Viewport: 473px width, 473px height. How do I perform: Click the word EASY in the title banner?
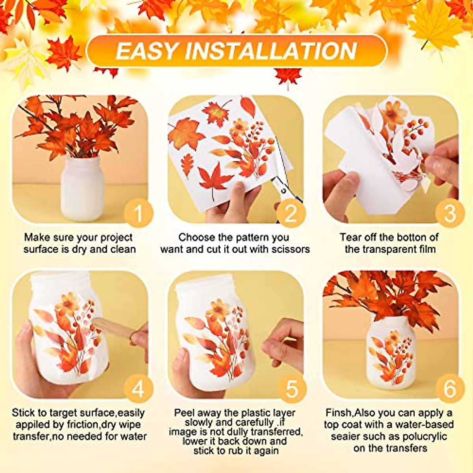click(147, 51)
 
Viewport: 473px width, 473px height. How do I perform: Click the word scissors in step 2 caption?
click(291, 249)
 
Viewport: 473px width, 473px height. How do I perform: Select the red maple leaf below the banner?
click(288, 76)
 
